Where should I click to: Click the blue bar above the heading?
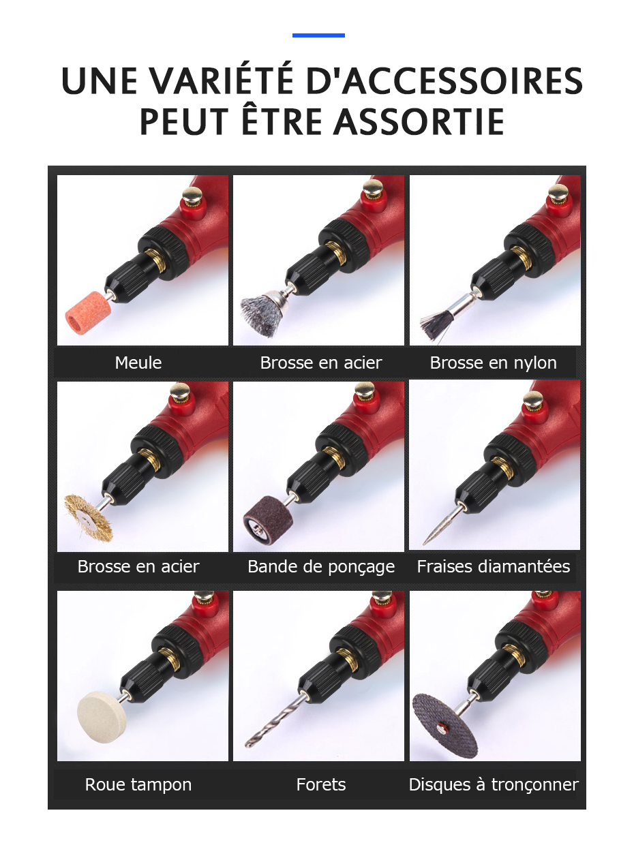pyautogui.click(x=318, y=35)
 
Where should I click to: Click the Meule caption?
pyautogui.click(x=138, y=363)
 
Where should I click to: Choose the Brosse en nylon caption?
pyautogui.click(x=493, y=363)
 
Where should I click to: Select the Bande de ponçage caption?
pyautogui.click(x=321, y=566)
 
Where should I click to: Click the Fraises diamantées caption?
pyautogui.click(x=493, y=566)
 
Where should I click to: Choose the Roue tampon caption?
pyautogui.click(x=138, y=784)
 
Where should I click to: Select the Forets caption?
pyautogui.click(x=321, y=784)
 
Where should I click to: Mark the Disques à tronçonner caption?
pyautogui.click(x=493, y=784)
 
